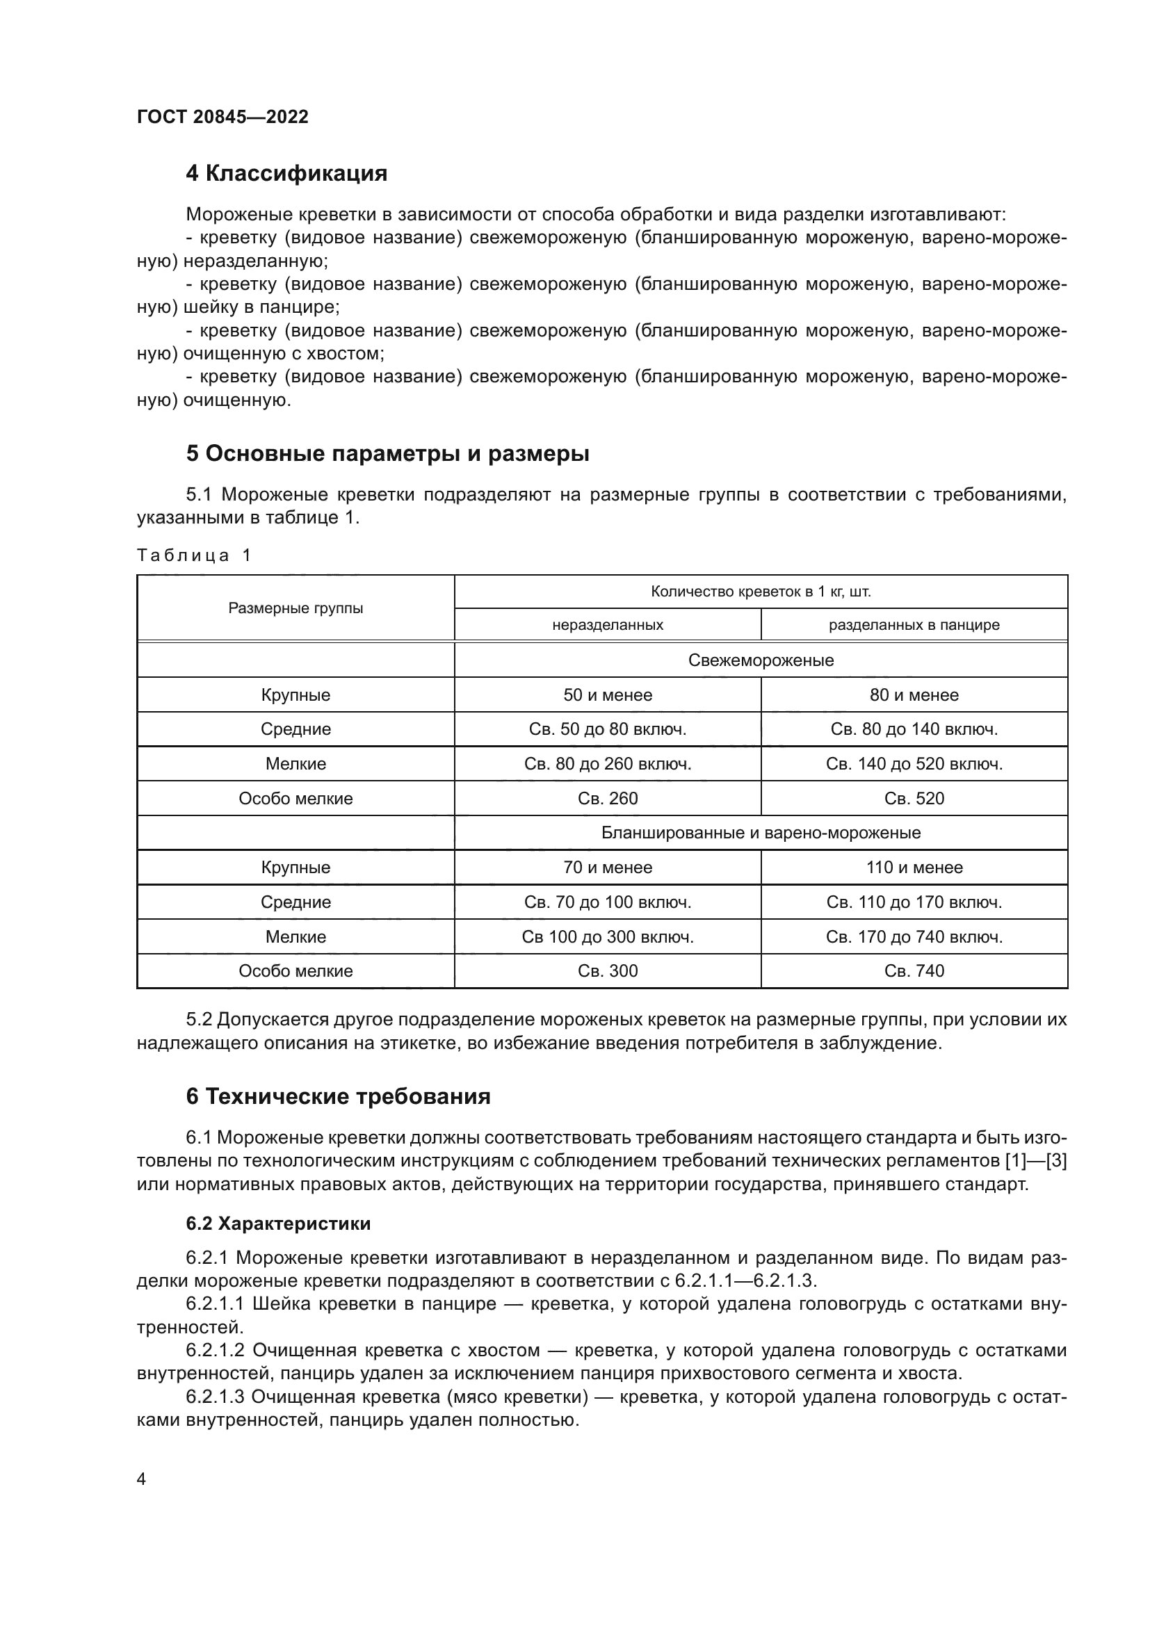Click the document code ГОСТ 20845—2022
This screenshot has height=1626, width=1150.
[222, 117]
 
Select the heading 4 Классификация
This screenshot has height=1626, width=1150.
[286, 174]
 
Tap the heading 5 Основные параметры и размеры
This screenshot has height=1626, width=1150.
[387, 453]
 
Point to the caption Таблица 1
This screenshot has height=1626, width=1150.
[194, 555]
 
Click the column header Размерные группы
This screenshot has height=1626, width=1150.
[295, 608]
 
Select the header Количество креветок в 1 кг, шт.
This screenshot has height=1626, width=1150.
[761, 592]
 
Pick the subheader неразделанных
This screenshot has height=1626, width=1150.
[608, 626]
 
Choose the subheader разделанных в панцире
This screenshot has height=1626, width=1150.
[914, 626]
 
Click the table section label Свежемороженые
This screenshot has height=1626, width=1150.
[761, 660]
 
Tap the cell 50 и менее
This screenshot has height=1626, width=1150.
[608, 694]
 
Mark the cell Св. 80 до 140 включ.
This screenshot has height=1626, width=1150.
[914, 729]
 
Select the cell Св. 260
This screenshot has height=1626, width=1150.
[608, 798]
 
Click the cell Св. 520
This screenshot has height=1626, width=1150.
[914, 798]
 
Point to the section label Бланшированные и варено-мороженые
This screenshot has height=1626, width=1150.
[761, 833]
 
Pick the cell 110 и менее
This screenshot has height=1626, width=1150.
[914, 868]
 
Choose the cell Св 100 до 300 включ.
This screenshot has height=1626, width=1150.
[608, 937]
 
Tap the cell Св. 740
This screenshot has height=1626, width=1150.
[914, 971]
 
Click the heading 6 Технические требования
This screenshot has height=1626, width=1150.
[338, 1096]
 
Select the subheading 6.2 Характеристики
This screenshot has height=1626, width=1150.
[277, 1223]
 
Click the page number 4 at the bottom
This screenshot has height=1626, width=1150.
[141, 1479]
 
